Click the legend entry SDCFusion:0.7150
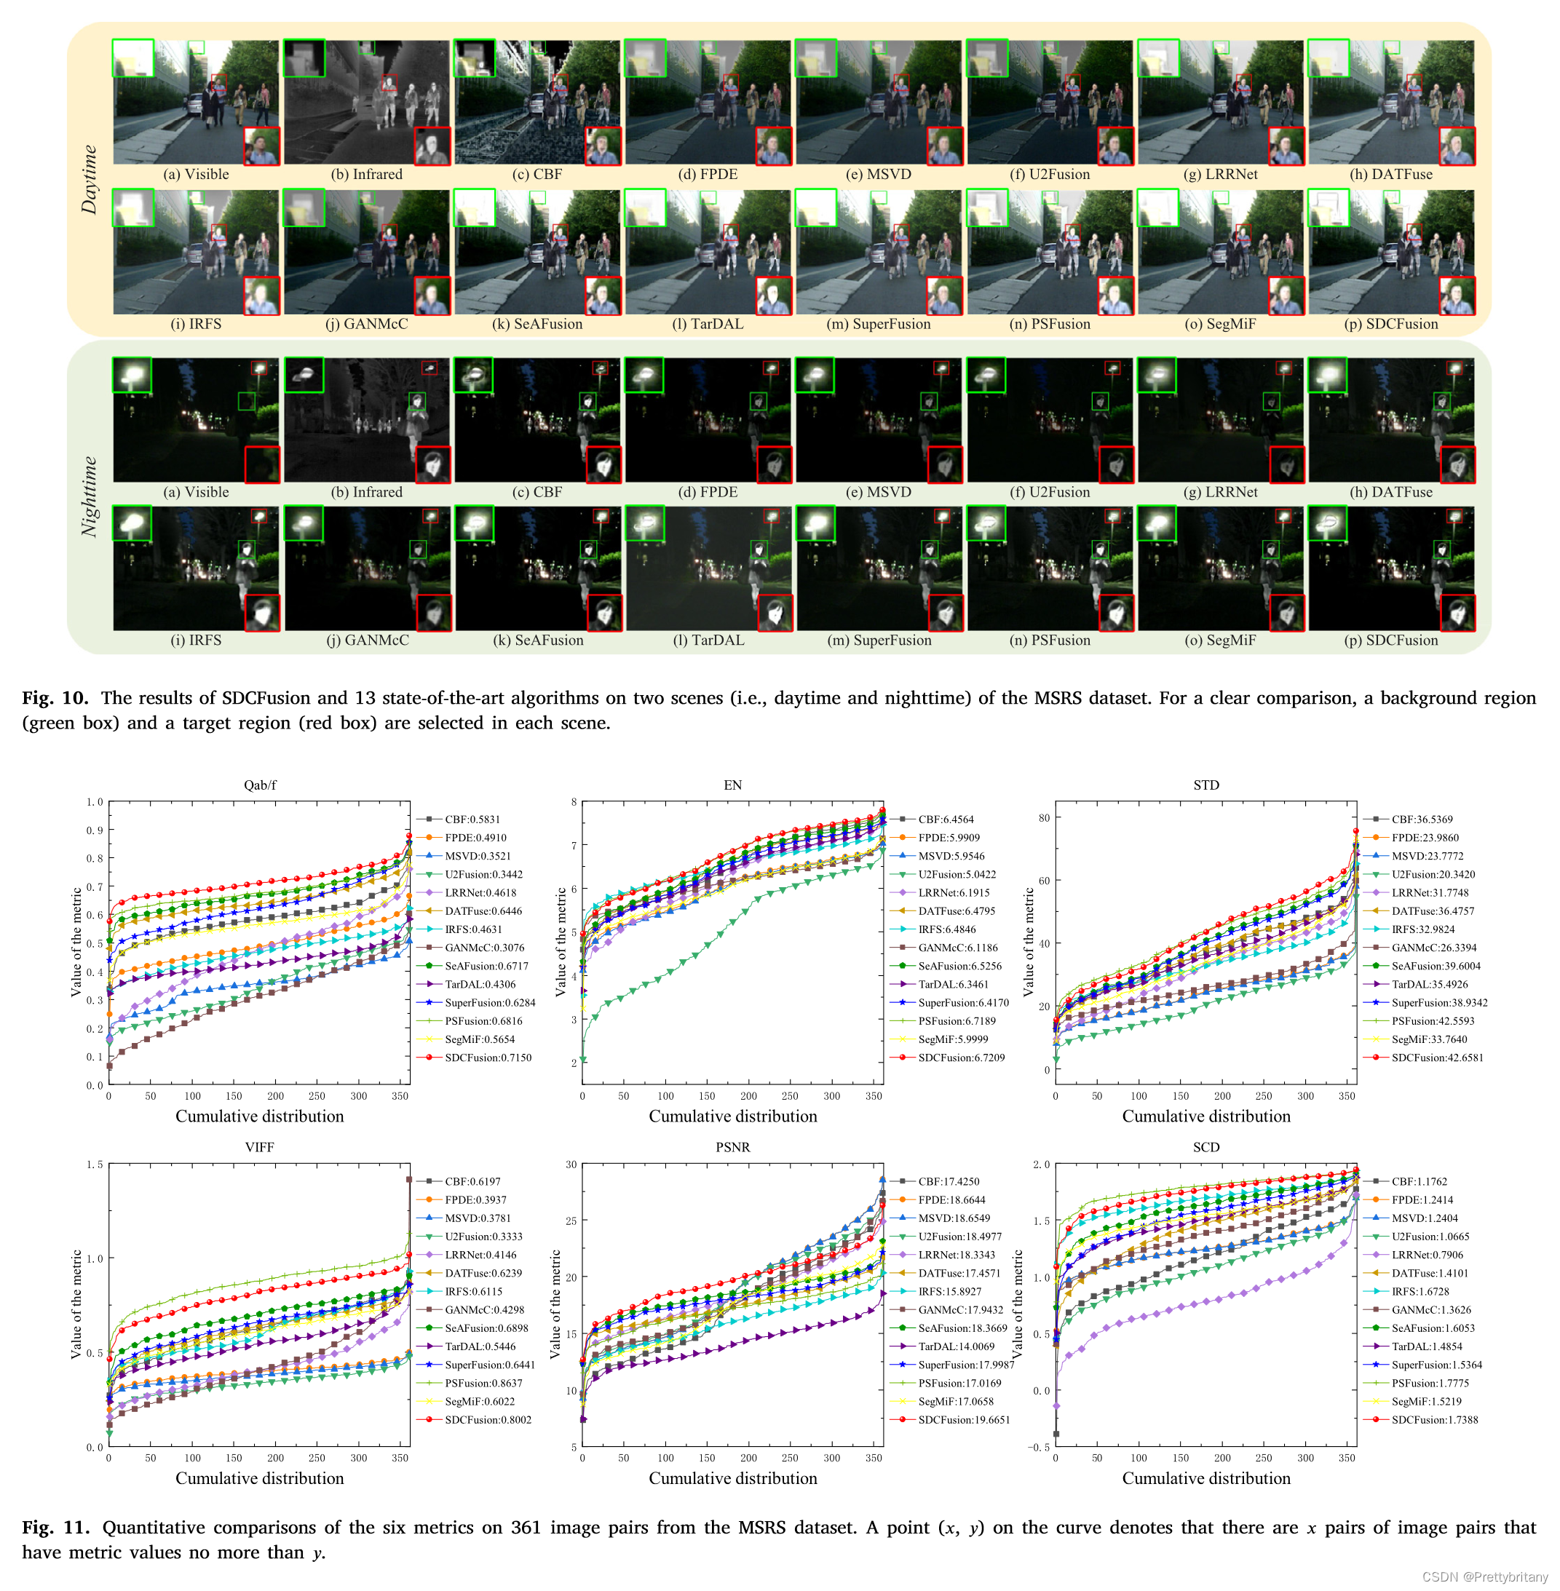coord(488,1058)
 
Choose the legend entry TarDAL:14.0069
coord(955,1346)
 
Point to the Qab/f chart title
coord(260,785)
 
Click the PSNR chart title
coord(732,1147)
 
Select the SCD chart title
coord(1206,1147)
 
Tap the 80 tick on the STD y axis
coord(1044,817)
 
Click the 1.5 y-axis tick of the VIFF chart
coord(95,1165)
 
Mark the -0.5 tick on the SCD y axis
coord(1038,1447)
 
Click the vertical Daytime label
coord(89,180)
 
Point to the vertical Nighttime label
coord(89,496)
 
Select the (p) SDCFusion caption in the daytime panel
coord(1390,324)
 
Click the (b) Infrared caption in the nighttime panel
coord(366,491)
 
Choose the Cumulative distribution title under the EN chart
coord(732,1116)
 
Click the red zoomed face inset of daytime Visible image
coord(262,146)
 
